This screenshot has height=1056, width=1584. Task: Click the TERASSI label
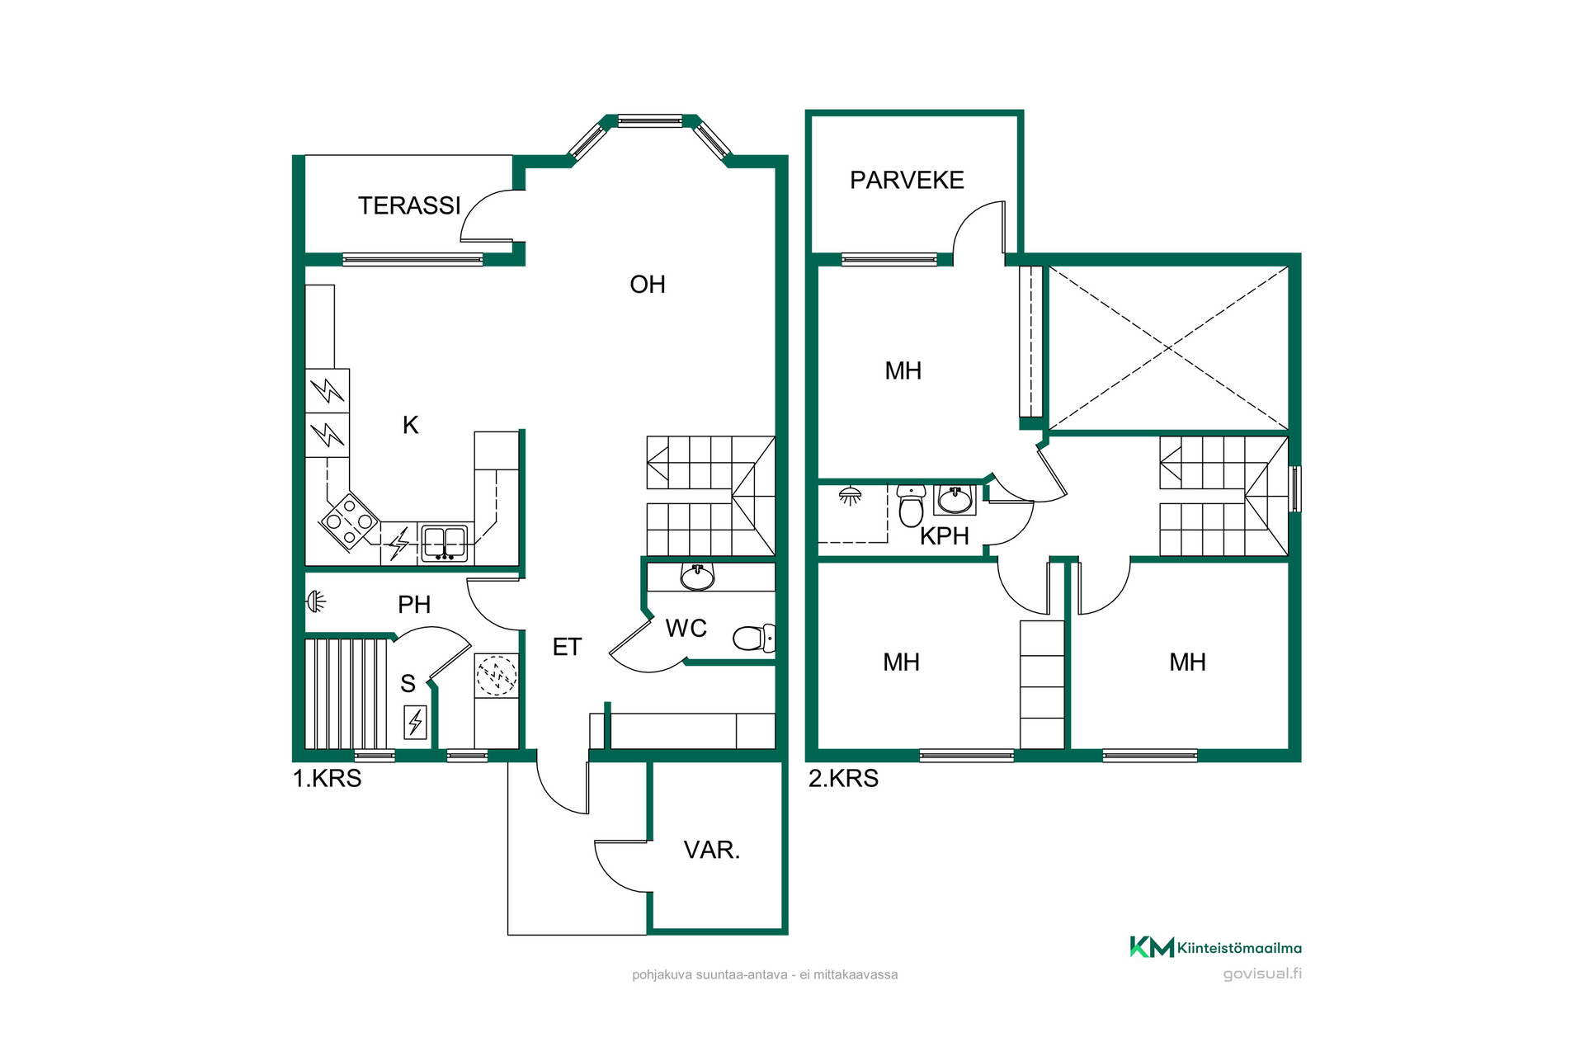409,205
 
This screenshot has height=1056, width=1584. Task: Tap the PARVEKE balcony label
907,180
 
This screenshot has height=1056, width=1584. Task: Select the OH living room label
648,285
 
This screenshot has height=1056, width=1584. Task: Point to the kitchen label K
410,425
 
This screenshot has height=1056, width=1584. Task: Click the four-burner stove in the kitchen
350,521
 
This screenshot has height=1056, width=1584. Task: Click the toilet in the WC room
754,638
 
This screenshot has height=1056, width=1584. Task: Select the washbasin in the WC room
698,577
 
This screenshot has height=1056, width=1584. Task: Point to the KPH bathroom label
945,536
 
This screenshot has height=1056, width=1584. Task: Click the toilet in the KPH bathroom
911,505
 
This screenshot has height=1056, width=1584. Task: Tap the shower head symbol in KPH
850,496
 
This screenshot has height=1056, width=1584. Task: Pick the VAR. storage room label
712,850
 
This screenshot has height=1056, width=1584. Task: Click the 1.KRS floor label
328,778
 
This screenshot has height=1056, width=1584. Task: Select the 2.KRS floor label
843,778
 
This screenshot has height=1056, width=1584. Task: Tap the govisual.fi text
1262,973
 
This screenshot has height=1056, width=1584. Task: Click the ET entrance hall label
567,648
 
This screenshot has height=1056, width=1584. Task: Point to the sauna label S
408,683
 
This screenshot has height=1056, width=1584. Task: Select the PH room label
414,605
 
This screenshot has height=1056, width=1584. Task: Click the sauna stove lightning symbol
415,723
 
